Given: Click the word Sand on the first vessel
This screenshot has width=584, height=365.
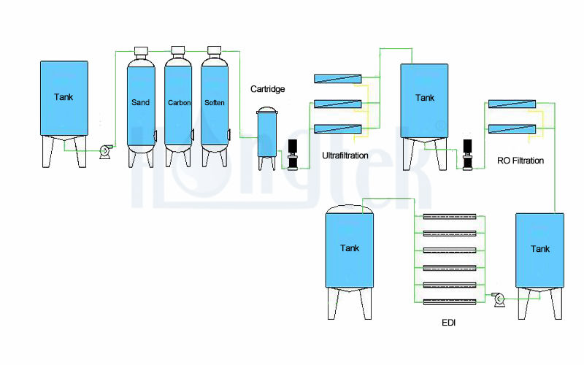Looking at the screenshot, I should pyautogui.click(x=141, y=102).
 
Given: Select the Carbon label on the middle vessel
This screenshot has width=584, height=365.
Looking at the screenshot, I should pyautogui.click(x=179, y=102).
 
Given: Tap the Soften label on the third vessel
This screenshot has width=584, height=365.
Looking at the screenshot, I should pyautogui.click(x=215, y=102).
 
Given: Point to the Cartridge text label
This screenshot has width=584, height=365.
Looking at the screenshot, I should pyautogui.click(x=267, y=89).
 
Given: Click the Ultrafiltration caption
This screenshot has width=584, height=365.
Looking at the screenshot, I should pyautogui.click(x=345, y=155).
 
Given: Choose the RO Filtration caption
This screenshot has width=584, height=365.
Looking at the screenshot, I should pyautogui.click(x=520, y=161).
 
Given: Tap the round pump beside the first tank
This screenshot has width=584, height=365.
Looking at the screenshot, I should pyautogui.click(x=104, y=151).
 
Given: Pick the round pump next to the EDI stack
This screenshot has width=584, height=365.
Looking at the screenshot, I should pyautogui.click(x=500, y=298).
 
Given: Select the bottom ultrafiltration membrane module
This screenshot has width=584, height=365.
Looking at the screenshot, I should pyautogui.click(x=337, y=129).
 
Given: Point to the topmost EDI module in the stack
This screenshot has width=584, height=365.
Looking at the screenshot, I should pyautogui.click(x=450, y=217).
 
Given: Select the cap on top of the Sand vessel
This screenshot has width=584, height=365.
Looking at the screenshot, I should pyautogui.click(x=141, y=50).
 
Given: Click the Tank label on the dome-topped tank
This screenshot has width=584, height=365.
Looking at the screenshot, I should pyautogui.click(x=350, y=248).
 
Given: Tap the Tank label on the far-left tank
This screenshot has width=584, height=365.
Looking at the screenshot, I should pyautogui.click(x=64, y=96).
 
